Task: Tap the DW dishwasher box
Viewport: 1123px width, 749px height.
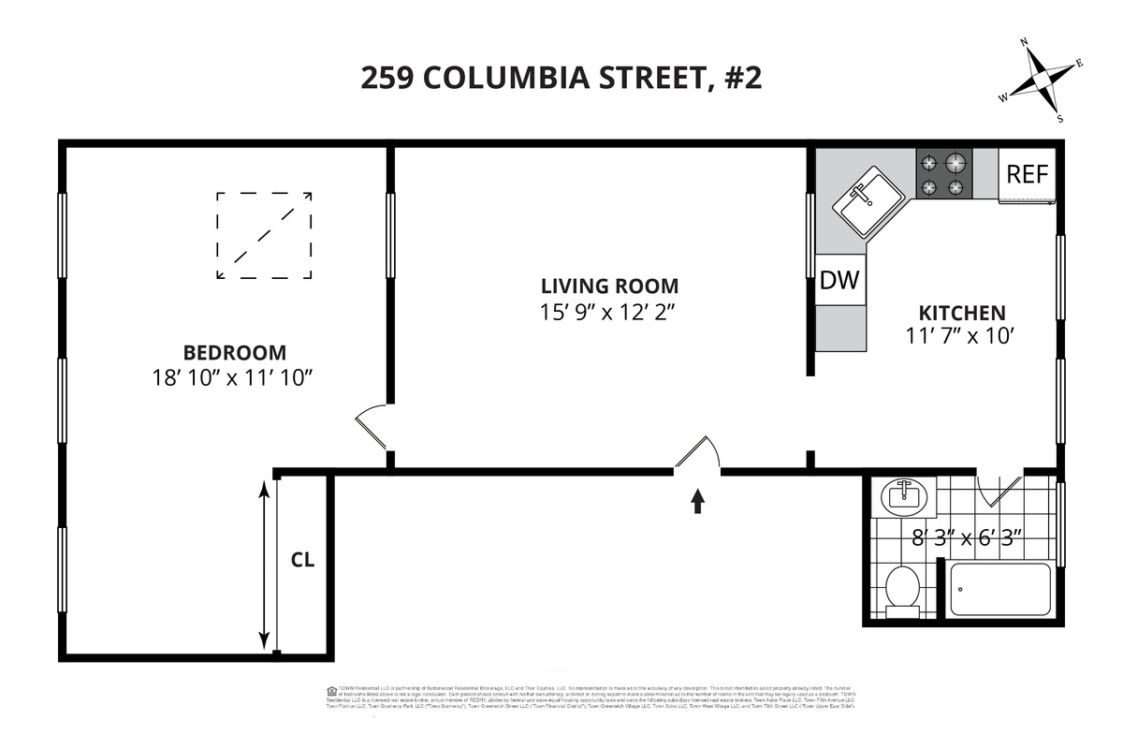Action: click(839, 280)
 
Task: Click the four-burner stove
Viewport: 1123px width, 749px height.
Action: click(941, 174)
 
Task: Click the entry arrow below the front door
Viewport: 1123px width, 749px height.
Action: click(697, 502)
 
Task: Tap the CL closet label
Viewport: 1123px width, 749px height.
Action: click(302, 561)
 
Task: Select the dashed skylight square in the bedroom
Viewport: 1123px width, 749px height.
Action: click(264, 235)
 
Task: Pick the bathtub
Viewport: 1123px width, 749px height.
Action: click(999, 589)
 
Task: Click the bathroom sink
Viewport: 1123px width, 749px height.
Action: click(904, 494)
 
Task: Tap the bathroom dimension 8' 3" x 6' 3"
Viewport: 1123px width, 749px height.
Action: click(967, 538)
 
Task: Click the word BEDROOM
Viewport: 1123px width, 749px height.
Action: click(234, 353)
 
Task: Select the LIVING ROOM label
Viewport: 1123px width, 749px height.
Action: click(610, 286)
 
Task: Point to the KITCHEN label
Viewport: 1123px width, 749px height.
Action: click(961, 313)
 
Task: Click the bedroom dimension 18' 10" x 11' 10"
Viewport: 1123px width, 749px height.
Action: click(232, 378)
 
